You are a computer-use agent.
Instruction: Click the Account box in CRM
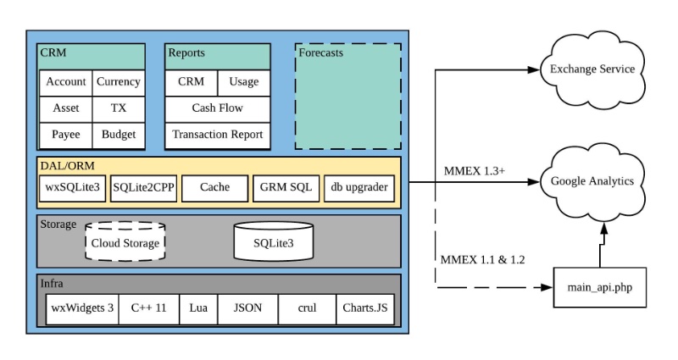66,82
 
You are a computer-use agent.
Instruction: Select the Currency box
118,82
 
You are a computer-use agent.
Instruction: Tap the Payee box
66,135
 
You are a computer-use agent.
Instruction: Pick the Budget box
118,135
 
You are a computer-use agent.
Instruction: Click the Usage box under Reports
244,82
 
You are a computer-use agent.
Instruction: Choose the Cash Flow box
217,108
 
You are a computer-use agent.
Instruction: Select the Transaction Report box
217,135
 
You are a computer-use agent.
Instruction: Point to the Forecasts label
320,53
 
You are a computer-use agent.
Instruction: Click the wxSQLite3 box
72,188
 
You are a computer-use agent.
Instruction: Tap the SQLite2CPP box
143,188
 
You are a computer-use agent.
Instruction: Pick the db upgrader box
359,188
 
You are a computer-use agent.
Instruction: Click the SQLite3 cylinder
273,241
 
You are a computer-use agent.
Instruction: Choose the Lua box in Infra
197,307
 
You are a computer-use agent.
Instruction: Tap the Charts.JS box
364,307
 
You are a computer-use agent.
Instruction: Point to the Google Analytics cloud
592,181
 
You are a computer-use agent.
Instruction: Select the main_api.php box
600,288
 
